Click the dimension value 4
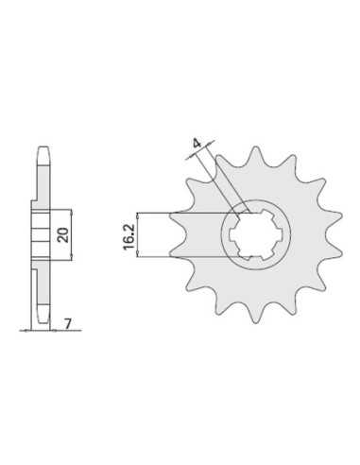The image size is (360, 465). [x=197, y=144]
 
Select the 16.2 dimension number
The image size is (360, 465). [x=129, y=236]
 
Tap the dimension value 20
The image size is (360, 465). [x=64, y=235]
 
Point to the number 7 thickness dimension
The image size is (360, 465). [x=68, y=323]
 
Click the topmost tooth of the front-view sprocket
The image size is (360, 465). [x=256, y=155]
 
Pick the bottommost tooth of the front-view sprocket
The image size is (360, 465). [x=256, y=315]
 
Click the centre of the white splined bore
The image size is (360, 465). [x=256, y=234]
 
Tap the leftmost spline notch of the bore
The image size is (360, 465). [x=231, y=234]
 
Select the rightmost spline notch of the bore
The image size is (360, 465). [x=280, y=234]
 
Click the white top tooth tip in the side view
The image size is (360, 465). [x=43, y=155]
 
